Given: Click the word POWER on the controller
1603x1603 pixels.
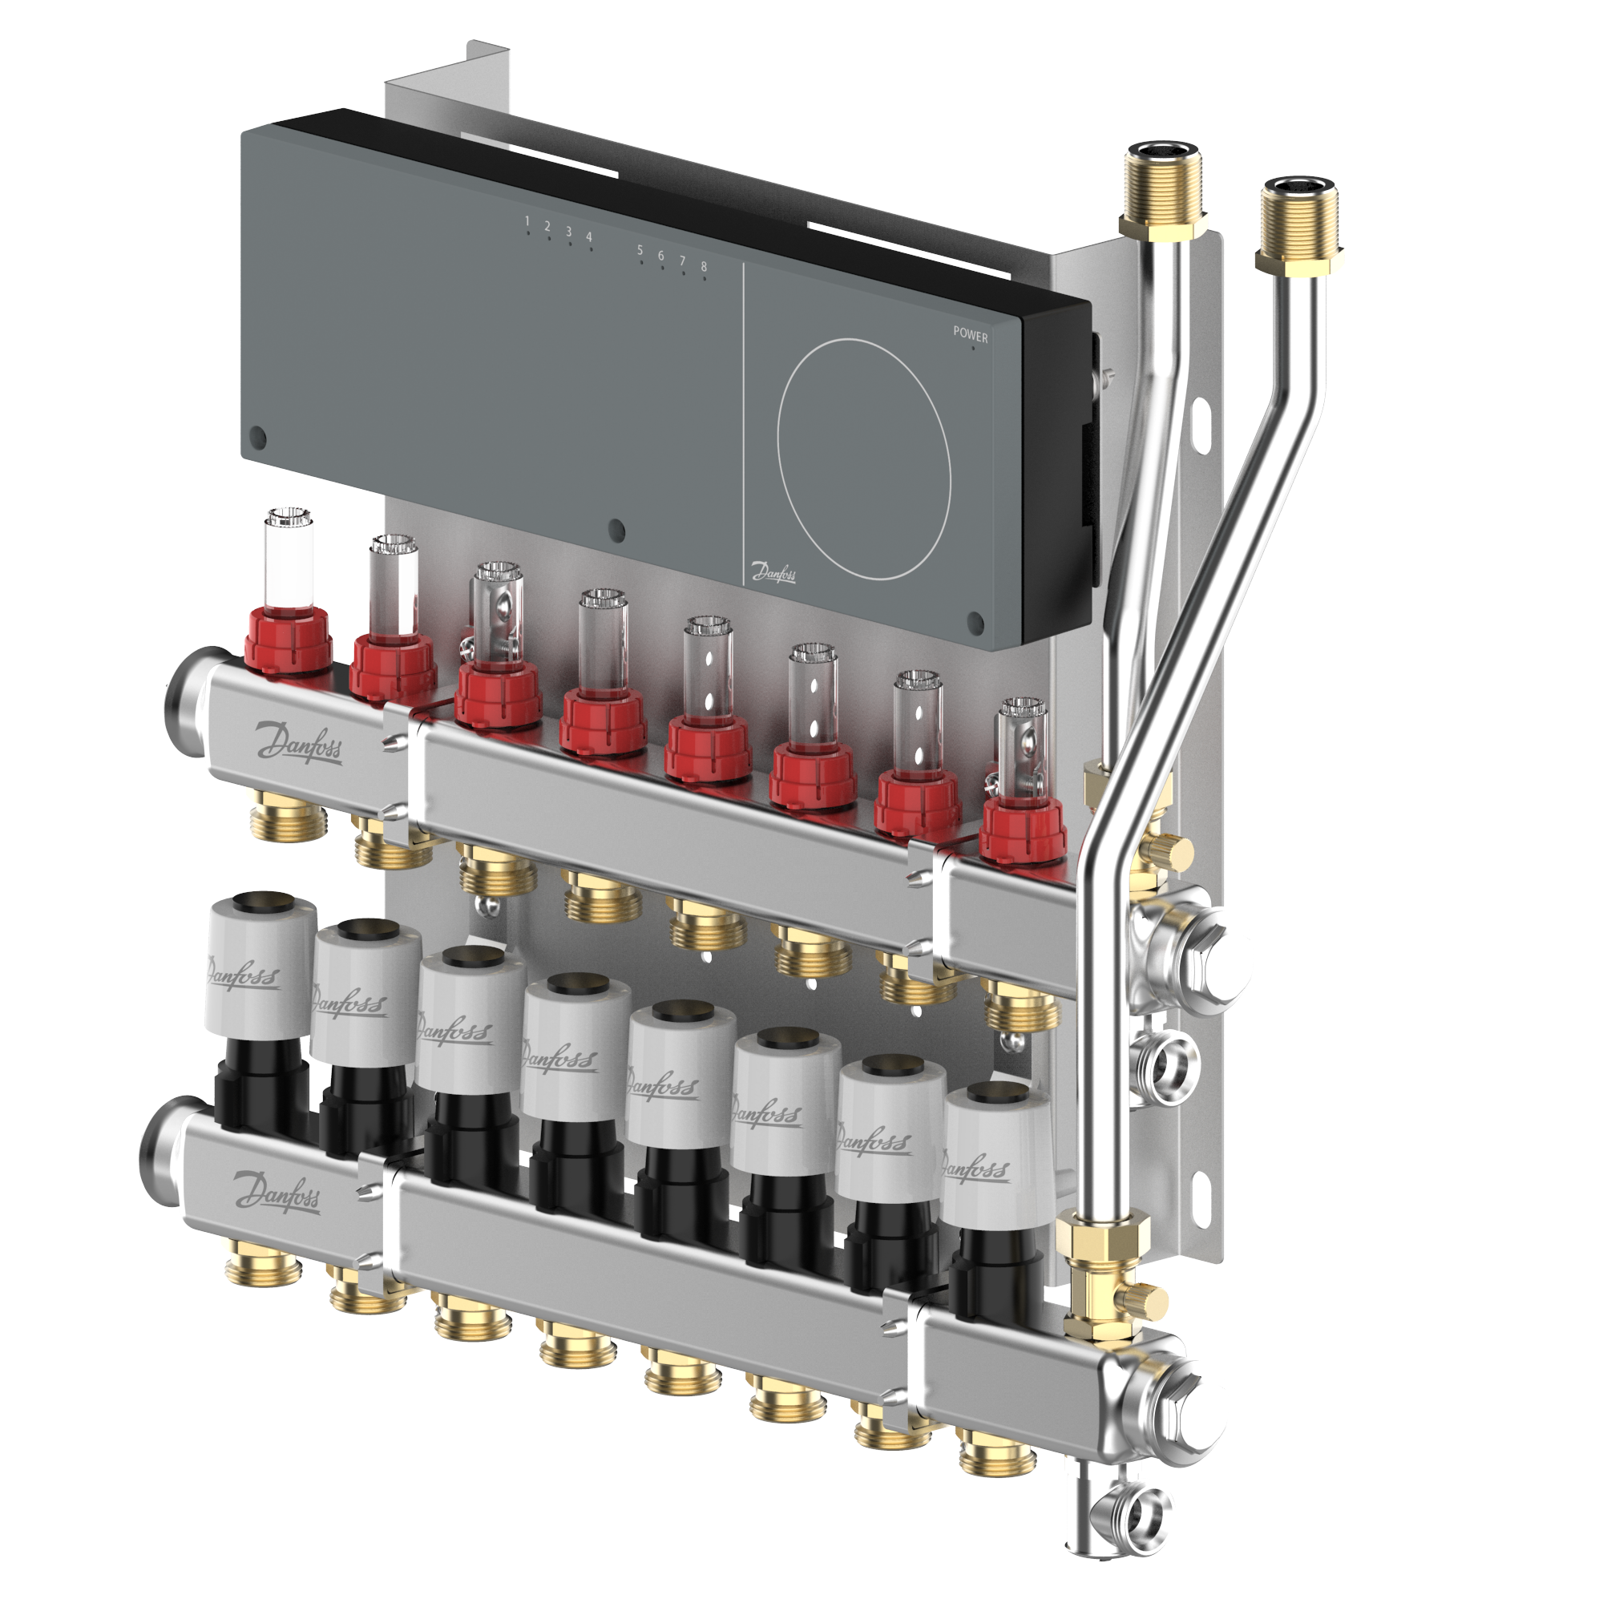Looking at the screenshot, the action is click(x=970, y=334).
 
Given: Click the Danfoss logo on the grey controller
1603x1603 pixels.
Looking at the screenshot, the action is click(x=773, y=571).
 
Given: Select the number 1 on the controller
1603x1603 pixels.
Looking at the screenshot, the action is click(x=527, y=220).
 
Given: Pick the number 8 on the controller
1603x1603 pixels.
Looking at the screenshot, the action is click(x=704, y=266).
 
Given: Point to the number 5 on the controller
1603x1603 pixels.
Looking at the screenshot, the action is click(x=640, y=250).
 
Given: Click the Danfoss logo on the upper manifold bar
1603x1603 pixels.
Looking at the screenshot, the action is click(x=299, y=739).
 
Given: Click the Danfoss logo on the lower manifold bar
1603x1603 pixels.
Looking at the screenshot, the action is click(x=277, y=1193).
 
